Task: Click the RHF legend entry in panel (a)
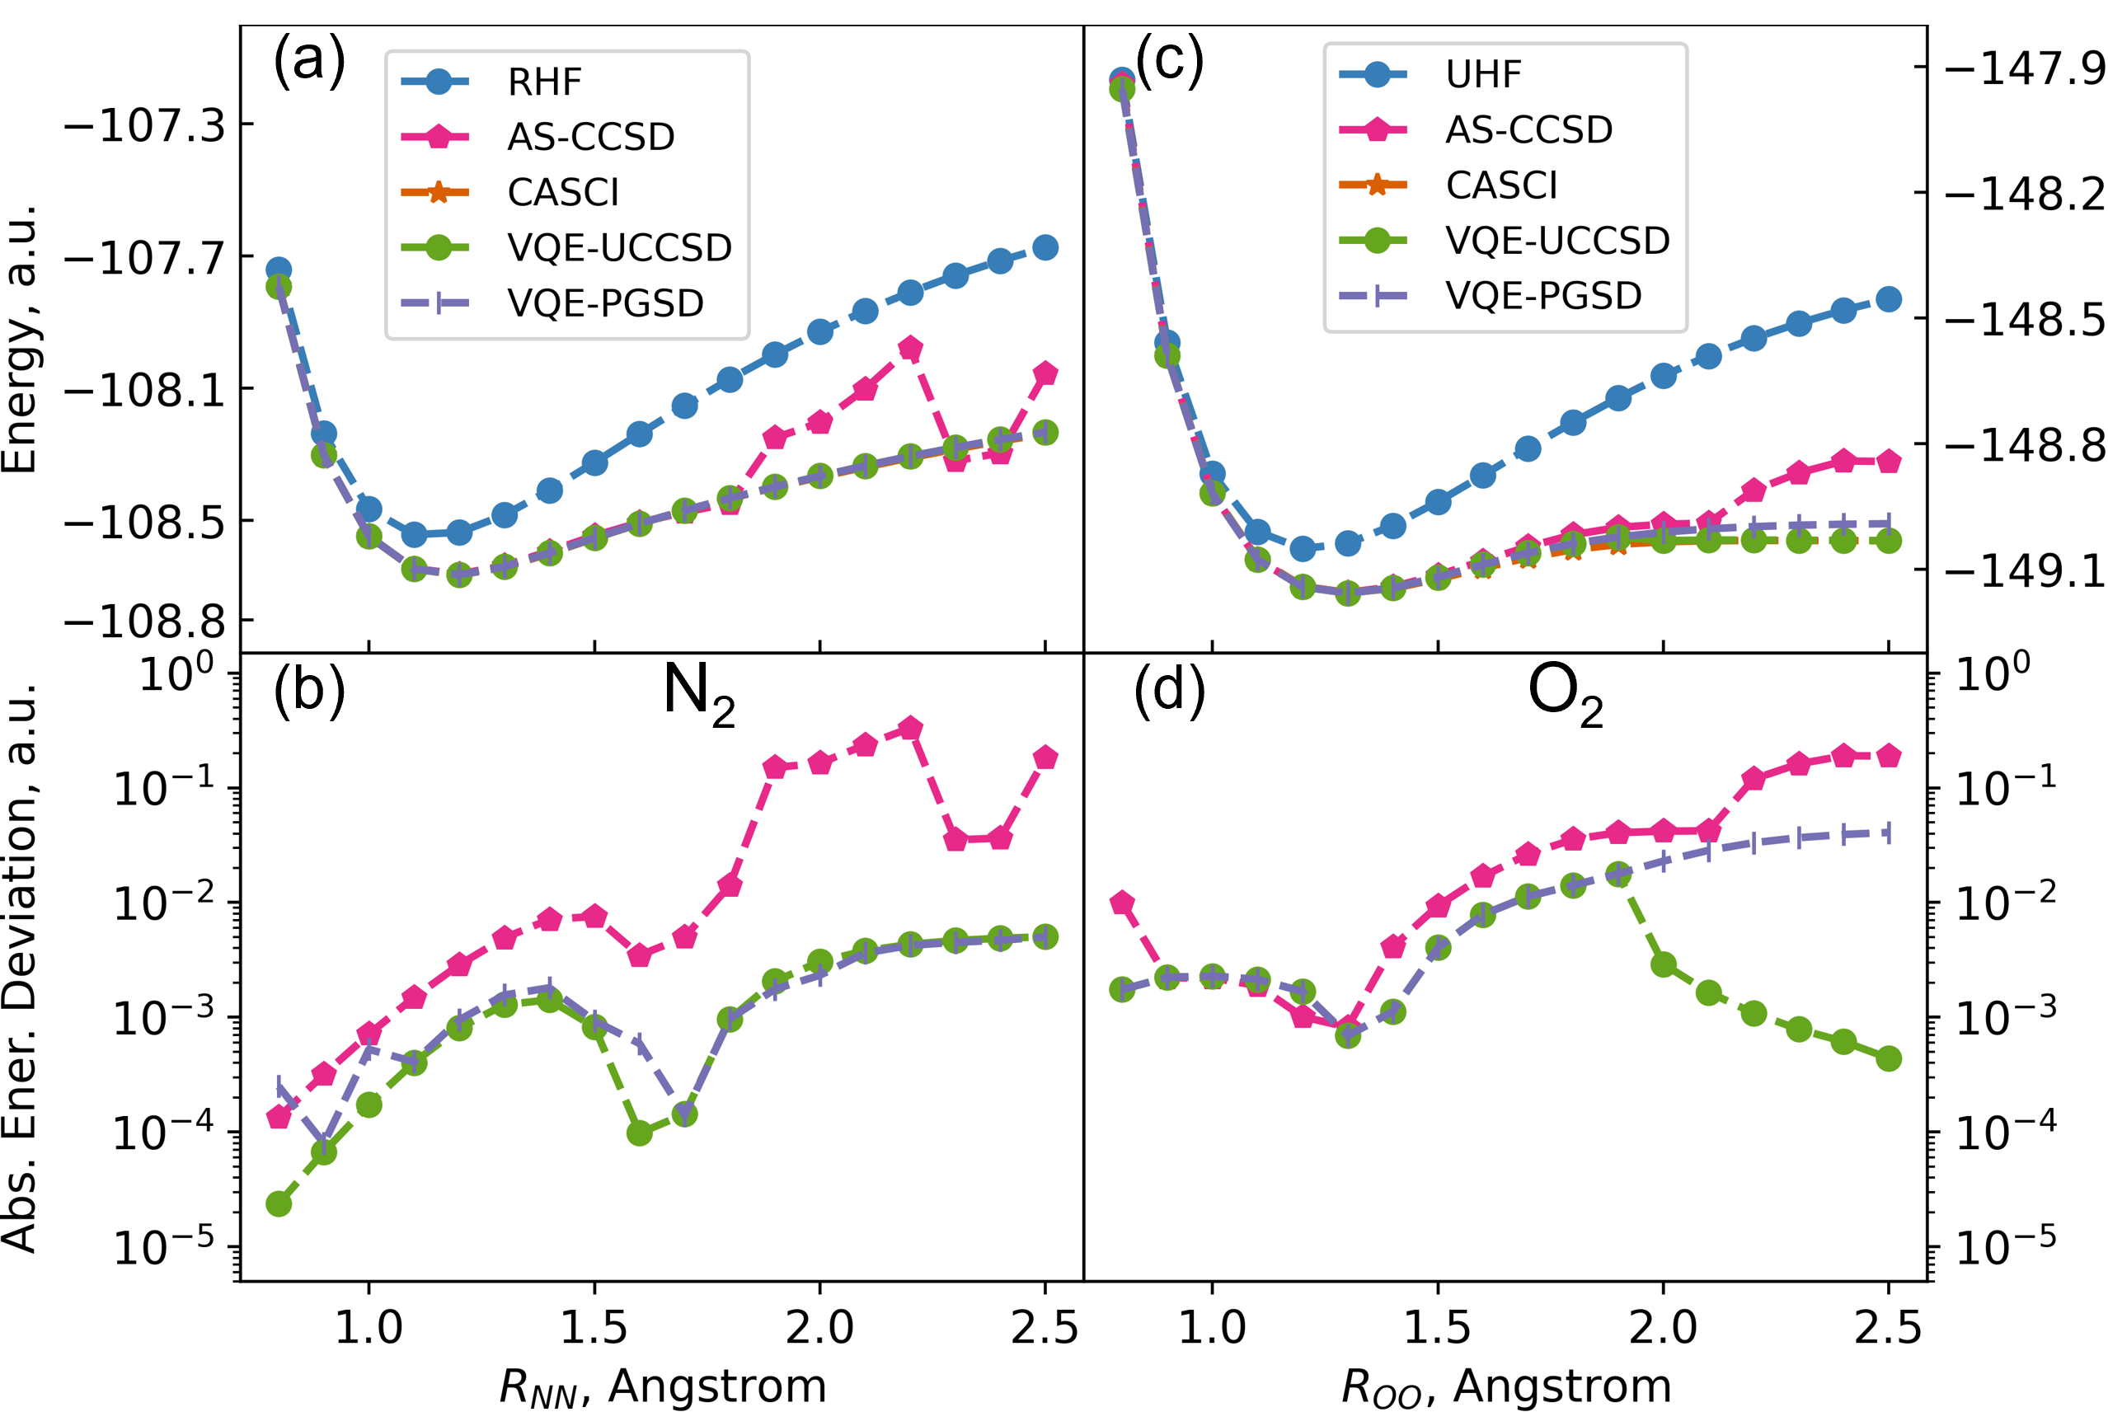[x=544, y=82]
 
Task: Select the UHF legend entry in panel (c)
[x=1482, y=75]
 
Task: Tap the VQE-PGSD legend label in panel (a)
[x=605, y=303]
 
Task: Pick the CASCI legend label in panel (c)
[x=1501, y=185]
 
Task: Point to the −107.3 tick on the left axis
[x=144, y=126]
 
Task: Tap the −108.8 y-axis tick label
[x=144, y=622]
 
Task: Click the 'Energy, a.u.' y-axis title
[x=20, y=339]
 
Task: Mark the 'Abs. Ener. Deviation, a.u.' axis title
[x=20, y=967]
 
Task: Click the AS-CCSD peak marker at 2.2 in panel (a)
[x=910, y=349]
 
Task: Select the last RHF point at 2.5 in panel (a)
[x=1045, y=247]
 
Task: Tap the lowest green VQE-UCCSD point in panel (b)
[x=279, y=1204]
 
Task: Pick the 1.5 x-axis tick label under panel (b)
[x=594, y=1327]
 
